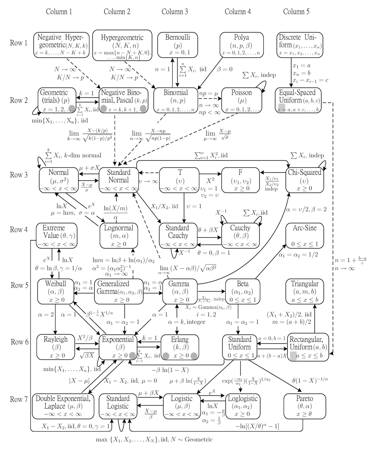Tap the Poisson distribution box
point(241,100)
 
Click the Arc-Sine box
point(305,235)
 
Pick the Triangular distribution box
point(305,291)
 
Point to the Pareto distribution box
point(305,406)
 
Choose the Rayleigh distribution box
point(56,347)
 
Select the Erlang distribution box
point(180,347)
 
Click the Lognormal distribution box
point(119,235)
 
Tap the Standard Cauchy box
point(177,235)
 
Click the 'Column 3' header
point(175,11)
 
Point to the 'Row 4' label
point(19,230)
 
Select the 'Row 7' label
point(19,399)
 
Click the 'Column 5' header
point(296,11)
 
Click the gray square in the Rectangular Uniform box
point(293,356)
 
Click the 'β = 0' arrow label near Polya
point(225,69)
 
